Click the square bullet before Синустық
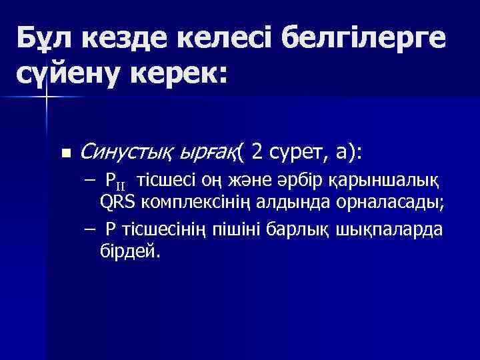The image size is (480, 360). (65, 153)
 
